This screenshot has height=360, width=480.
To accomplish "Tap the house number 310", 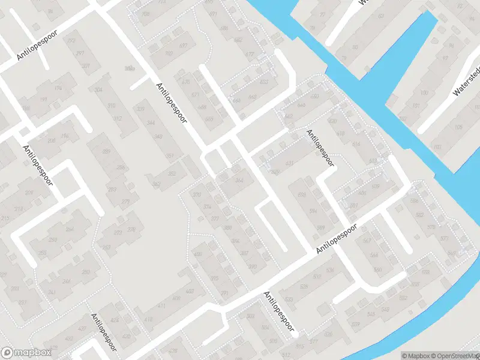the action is [x=111, y=106].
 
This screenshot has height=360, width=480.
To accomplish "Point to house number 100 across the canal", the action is [x=424, y=93].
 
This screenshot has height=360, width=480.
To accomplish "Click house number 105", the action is [x=458, y=127].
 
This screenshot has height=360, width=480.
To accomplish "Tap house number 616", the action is [x=356, y=145].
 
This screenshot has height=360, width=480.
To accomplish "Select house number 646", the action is [x=301, y=106].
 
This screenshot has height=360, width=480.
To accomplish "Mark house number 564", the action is [x=374, y=255].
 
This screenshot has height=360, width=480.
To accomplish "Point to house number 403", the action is [x=190, y=292].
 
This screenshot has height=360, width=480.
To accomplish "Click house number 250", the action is [x=85, y=272].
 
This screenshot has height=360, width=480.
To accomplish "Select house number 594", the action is [x=313, y=211].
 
